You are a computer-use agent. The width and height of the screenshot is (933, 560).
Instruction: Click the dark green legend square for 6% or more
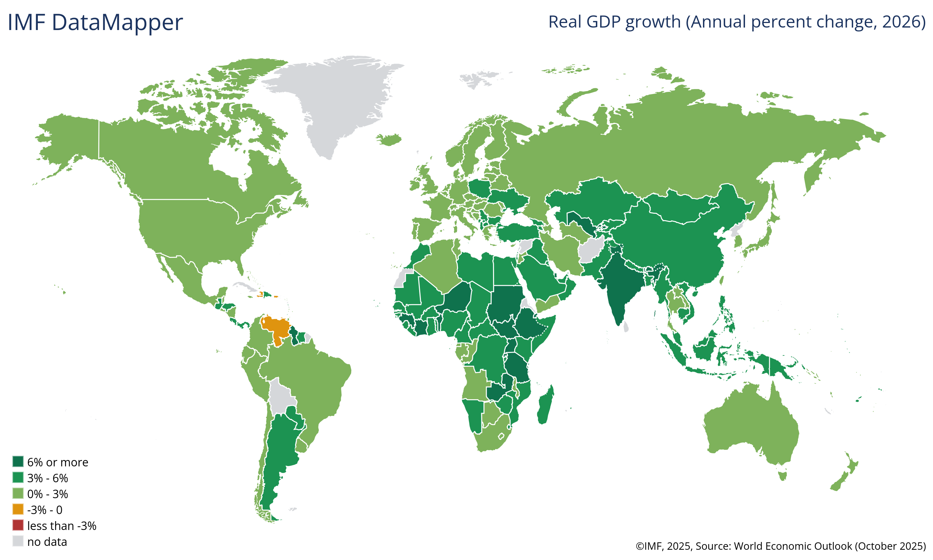click(18, 461)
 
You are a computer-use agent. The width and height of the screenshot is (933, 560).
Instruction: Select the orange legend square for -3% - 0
click(18, 509)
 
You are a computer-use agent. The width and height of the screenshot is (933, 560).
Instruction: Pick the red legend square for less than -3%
click(18, 525)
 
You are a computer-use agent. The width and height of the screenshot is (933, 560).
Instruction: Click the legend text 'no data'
click(47, 542)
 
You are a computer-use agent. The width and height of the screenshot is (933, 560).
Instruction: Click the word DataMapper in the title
click(117, 22)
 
